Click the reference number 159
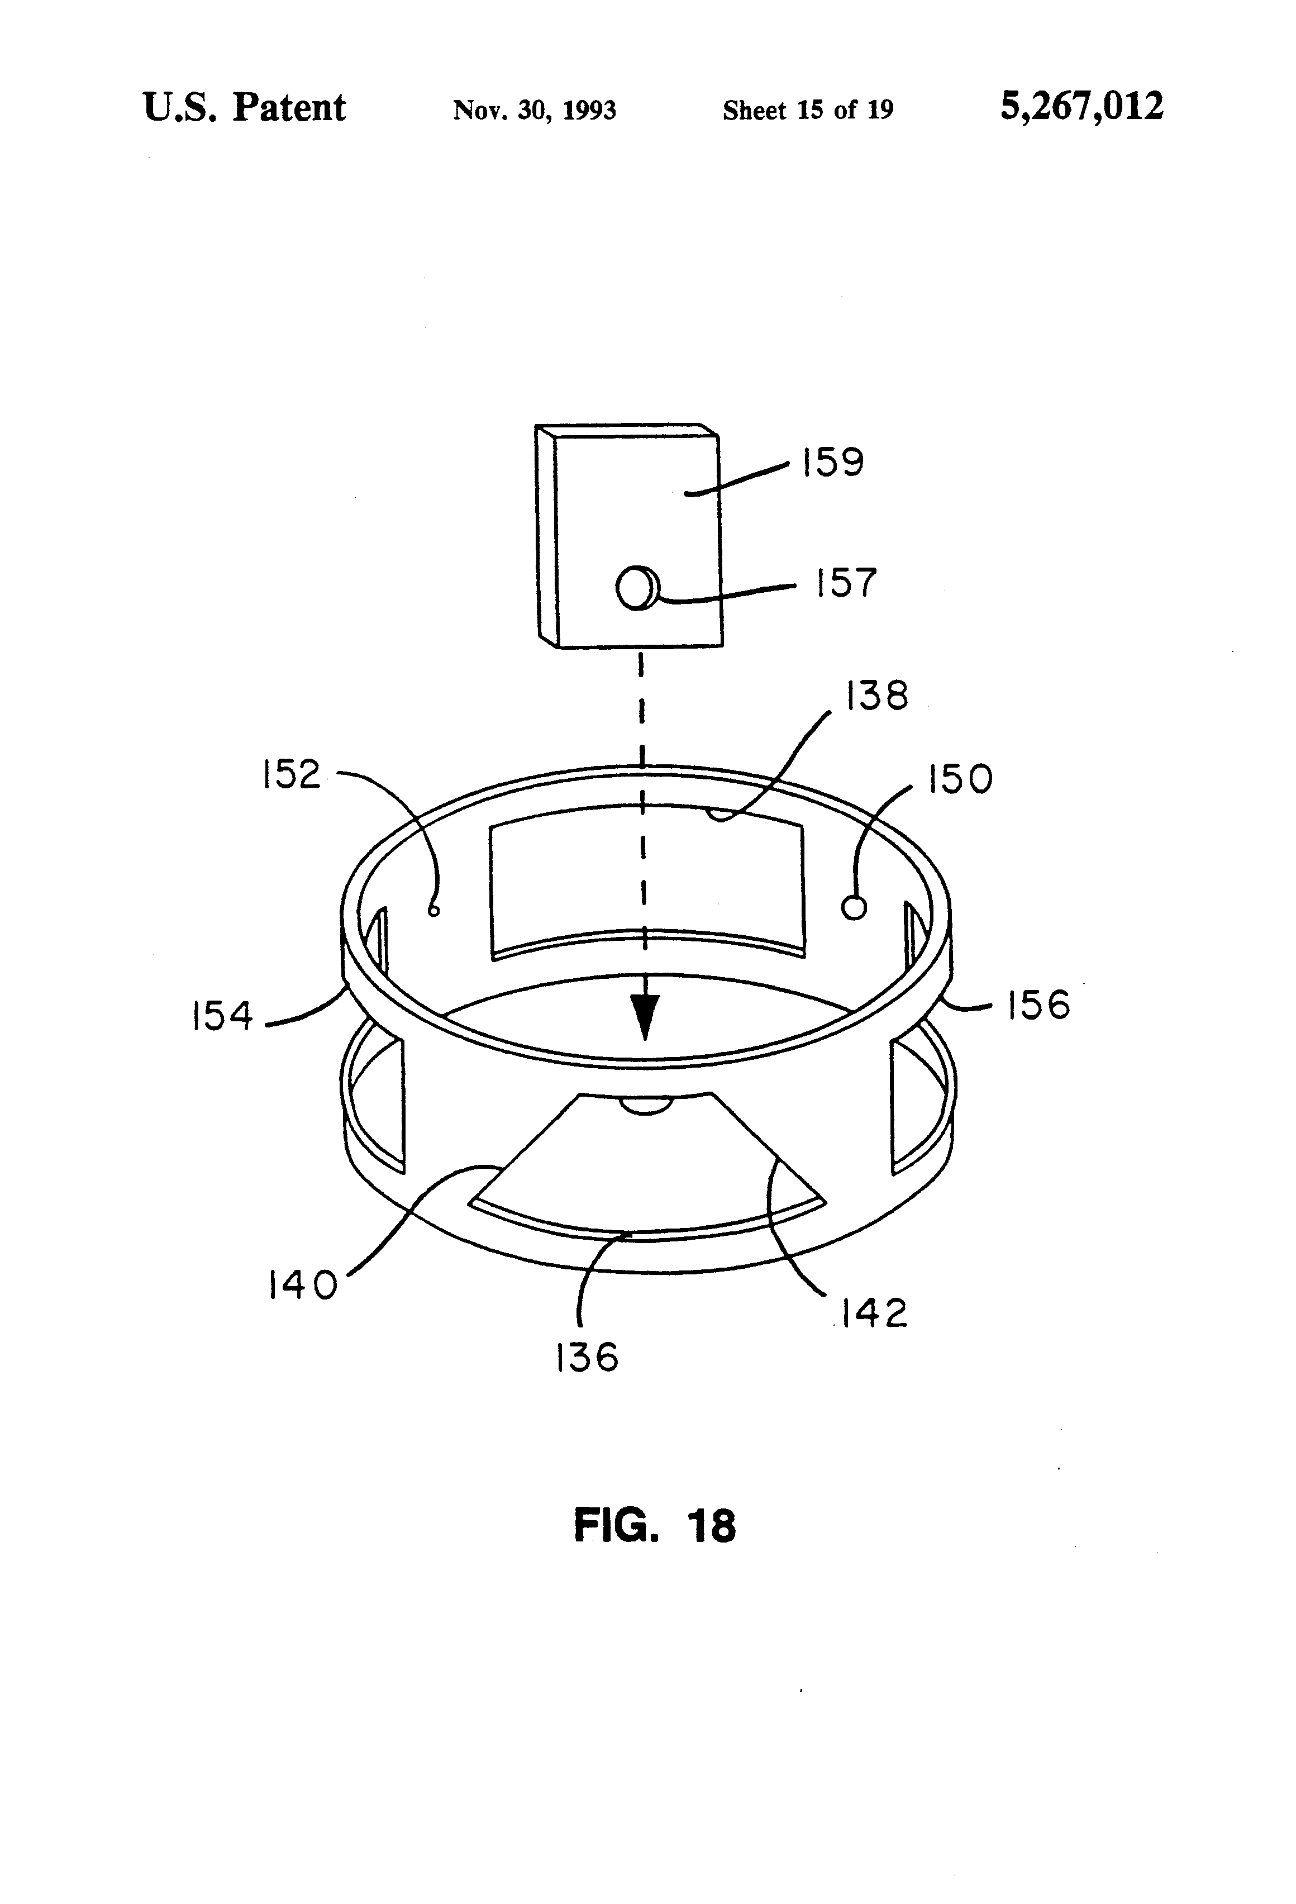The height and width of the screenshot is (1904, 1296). point(832,463)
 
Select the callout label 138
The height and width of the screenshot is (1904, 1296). point(876,696)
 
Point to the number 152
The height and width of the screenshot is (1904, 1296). point(292,774)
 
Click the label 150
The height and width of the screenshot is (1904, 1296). point(959,779)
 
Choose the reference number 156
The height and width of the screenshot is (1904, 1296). point(1038,1005)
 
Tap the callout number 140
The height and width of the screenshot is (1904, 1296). point(302,1284)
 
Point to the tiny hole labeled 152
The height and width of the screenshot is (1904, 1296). point(434,910)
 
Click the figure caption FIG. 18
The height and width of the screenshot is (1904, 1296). point(655,1526)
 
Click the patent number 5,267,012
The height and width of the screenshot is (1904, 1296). point(1081,107)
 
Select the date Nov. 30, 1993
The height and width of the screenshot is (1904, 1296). point(534,110)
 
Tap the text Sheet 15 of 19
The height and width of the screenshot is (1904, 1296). point(808,110)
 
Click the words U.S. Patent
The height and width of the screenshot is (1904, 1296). point(244,107)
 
